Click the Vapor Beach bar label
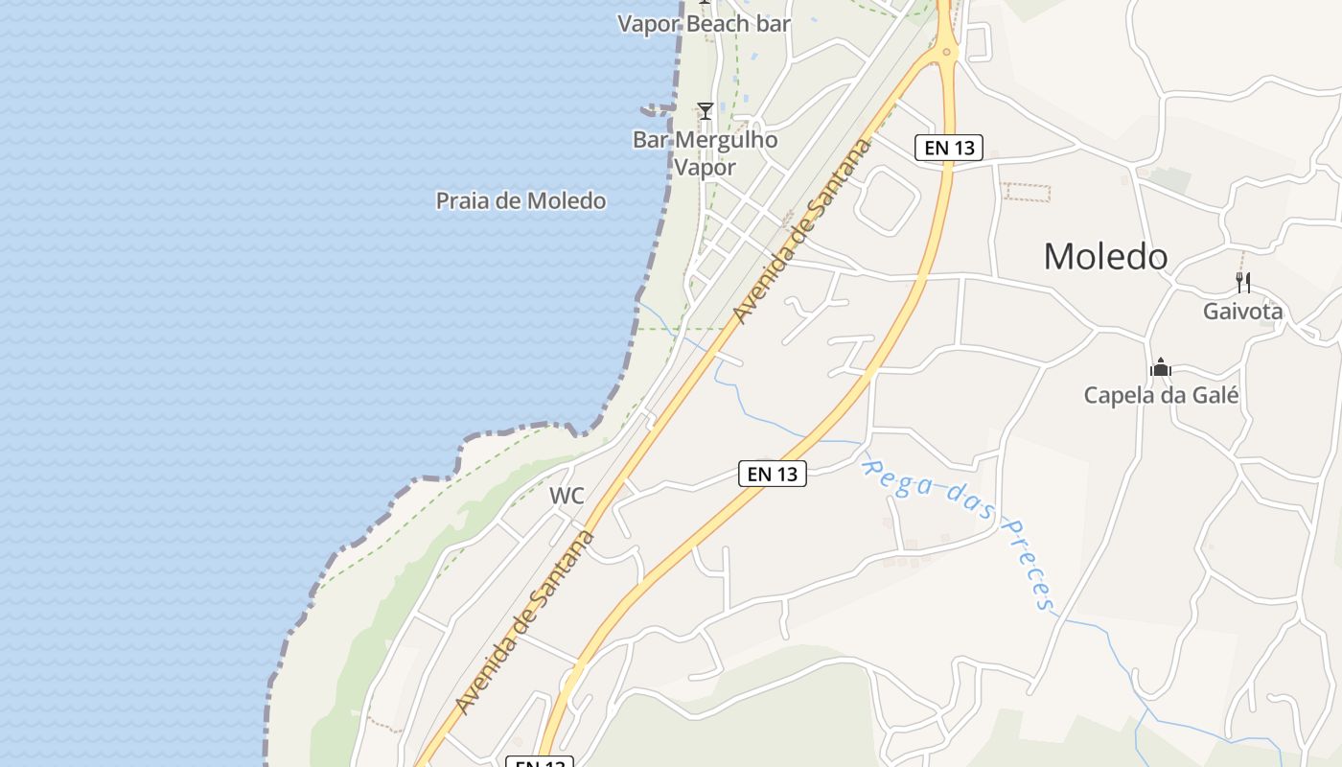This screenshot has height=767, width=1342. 704,23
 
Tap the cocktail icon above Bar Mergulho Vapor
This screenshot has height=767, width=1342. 706,111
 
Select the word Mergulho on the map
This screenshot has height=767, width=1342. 727,140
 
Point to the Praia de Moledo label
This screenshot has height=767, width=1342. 521,200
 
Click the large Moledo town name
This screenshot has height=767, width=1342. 1105,256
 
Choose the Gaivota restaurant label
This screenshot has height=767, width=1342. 1242,311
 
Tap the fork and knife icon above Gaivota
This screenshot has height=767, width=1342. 1243,282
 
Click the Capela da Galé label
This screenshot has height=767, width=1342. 1161,394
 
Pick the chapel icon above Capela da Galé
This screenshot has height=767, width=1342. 1161,367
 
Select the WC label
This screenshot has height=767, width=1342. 567,496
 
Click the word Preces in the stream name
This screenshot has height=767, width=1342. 1029,565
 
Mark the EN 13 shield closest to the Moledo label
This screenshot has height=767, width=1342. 949,148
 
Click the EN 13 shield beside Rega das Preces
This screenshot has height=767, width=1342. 773,473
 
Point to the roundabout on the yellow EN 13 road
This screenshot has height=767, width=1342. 947,51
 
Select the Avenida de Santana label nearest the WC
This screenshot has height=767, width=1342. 524,622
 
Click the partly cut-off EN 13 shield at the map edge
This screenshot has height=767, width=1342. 540,762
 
